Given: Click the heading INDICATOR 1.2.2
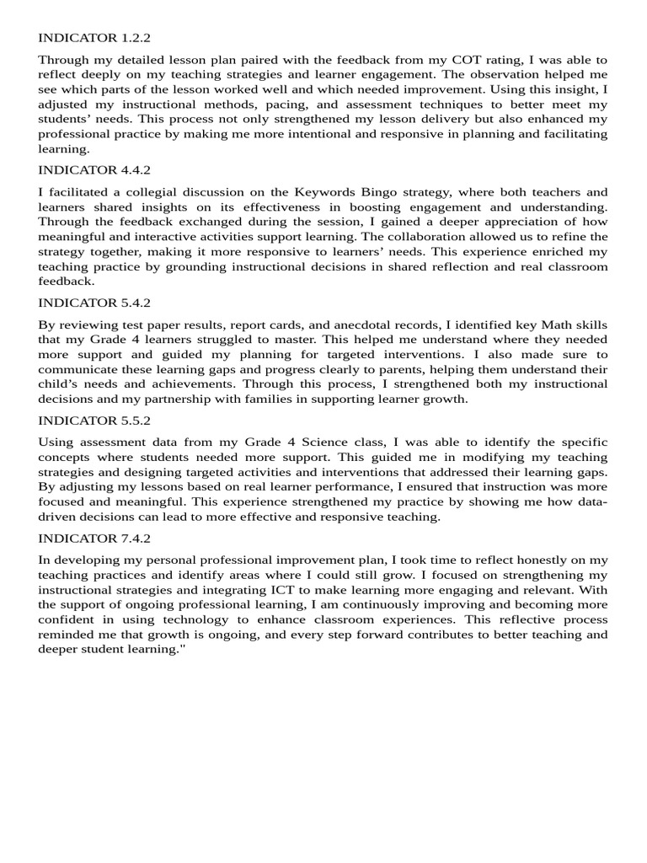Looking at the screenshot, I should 94,38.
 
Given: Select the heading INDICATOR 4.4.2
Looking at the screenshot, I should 94,169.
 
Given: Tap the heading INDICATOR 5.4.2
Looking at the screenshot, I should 94,303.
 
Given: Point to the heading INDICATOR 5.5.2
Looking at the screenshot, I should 94,420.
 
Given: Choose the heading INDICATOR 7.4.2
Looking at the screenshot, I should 94,538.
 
